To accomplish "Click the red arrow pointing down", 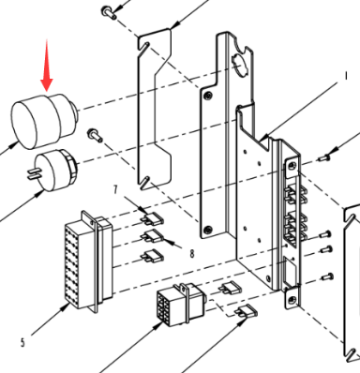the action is pyautogui.click(x=47, y=66).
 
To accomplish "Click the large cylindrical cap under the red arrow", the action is pyautogui.click(x=44, y=121).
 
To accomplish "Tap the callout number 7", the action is pyautogui.click(x=115, y=189).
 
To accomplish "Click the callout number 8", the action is pyautogui.click(x=192, y=254).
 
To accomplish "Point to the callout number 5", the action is pyautogui.click(x=22, y=343).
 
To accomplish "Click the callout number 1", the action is pyautogui.click(x=346, y=76).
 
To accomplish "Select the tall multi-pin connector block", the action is pyautogui.click(x=88, y=261).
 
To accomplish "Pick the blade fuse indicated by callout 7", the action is pyautogui.click(x=152, y=218).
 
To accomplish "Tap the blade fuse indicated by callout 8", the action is pyautogui.click(x=153, y=237).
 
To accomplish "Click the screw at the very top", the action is pyautogui.click(x=108, y=12).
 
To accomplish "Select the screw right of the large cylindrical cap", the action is pyautogui.click(x=95, y=135).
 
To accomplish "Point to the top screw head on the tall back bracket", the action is pyautogui.click(x=206, y=95).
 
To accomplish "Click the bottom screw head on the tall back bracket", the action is pyautogui.click(x=206, y=231).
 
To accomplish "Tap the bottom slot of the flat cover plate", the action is pyautogui.click(x=144, y=184).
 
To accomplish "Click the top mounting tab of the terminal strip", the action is pyautogui.click(x=292, y=165).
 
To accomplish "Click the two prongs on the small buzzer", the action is pyautogui.click(x=33, y=174).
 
